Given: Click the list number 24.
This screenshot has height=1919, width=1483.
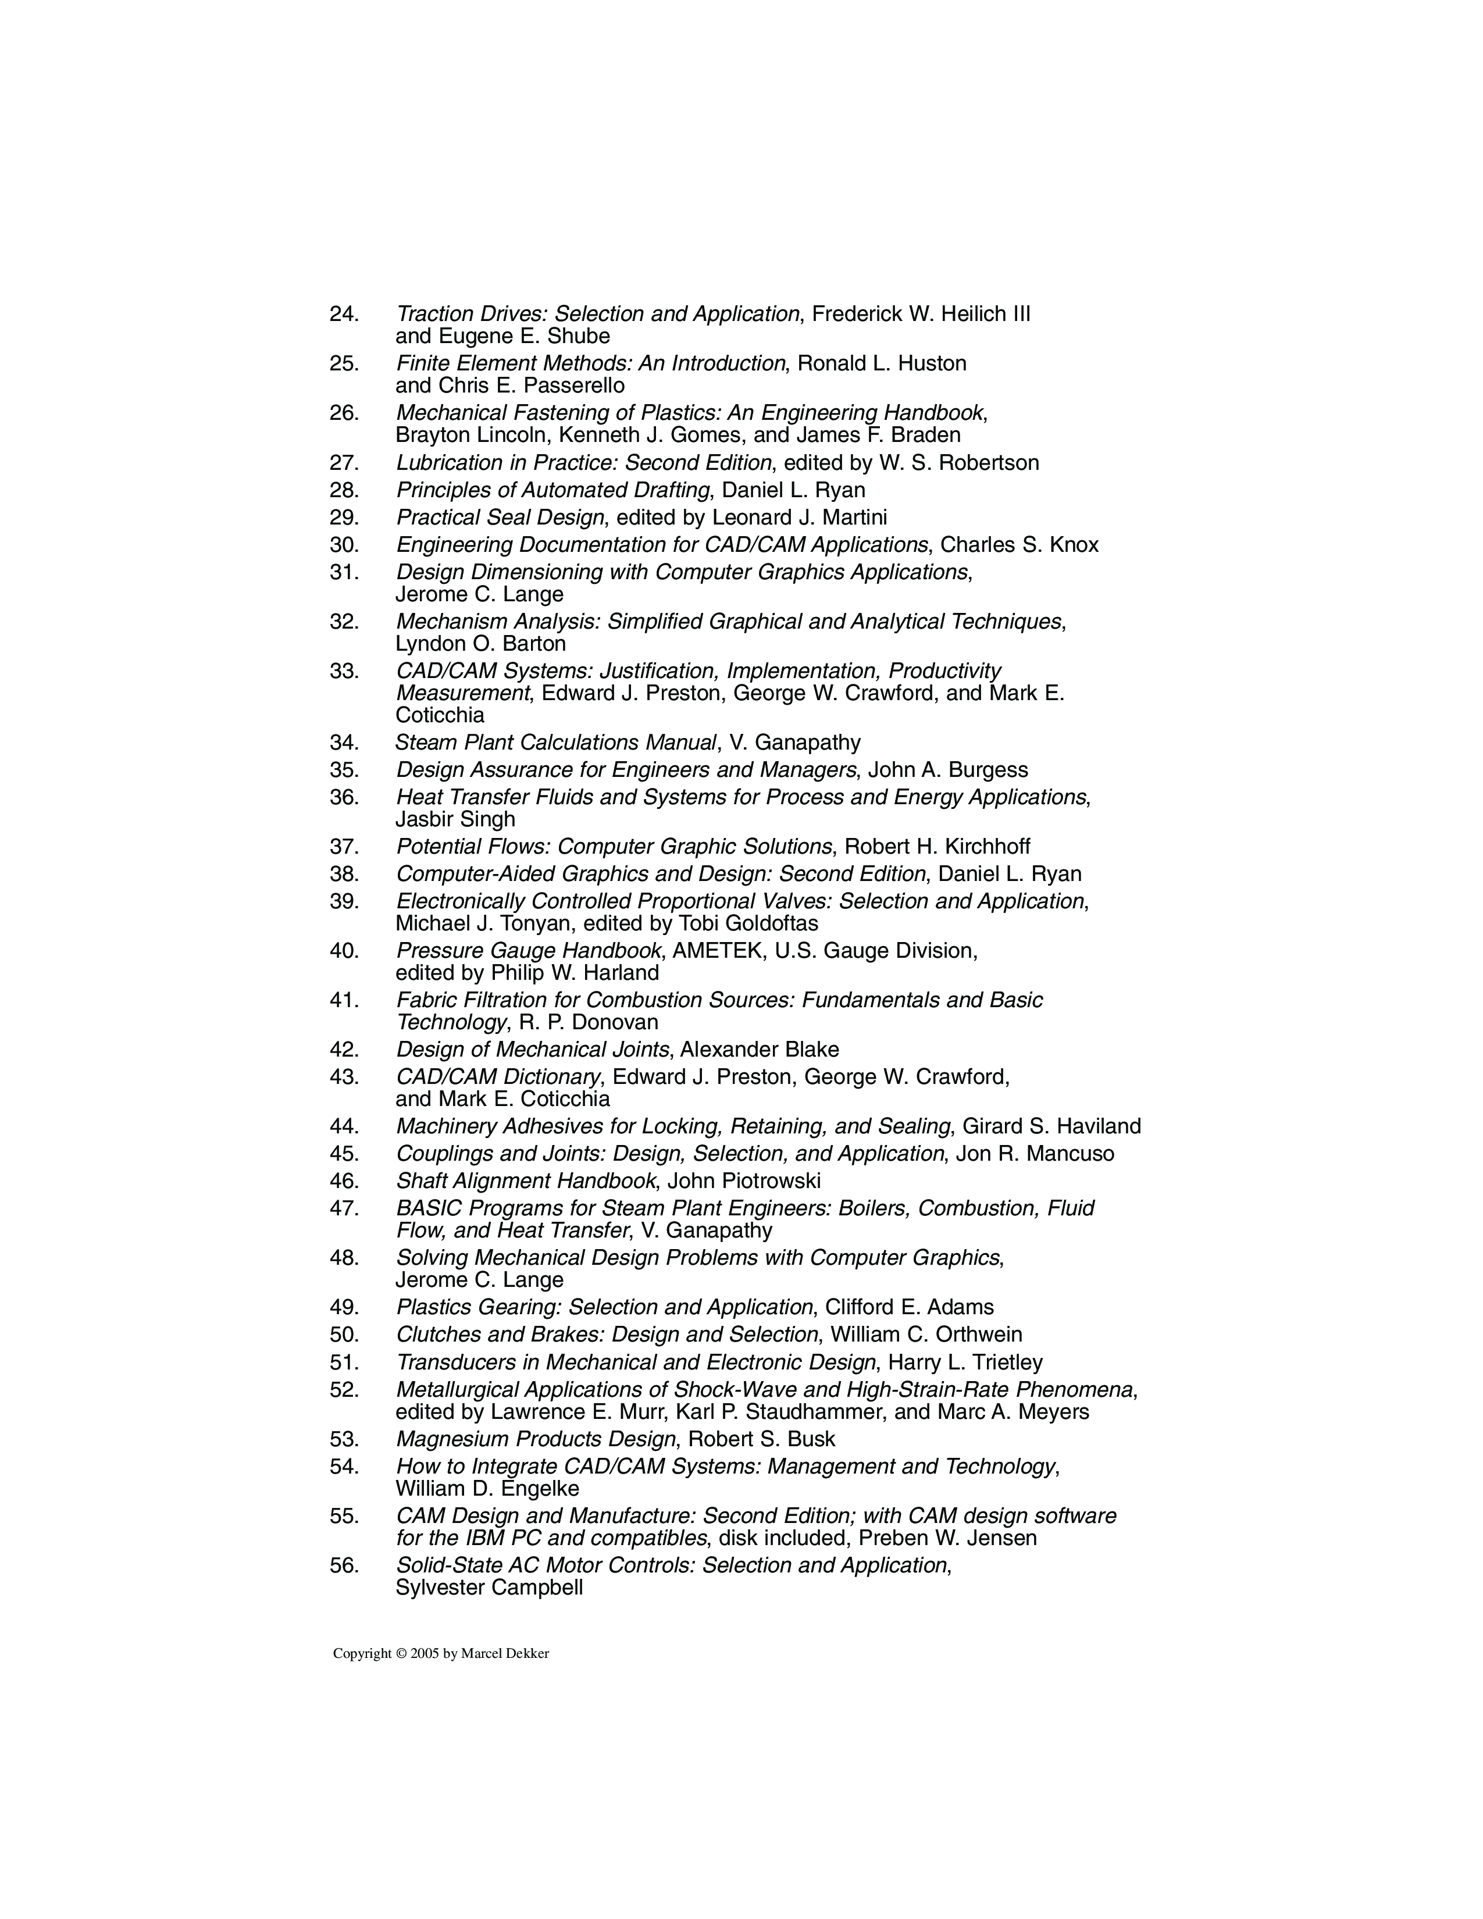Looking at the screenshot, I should coord(344,313).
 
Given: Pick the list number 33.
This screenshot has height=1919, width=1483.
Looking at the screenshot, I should coord(344,671).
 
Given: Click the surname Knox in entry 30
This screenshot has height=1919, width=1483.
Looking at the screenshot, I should coord(1074,545).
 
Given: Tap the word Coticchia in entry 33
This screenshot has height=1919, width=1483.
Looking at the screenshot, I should coord(440,715).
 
